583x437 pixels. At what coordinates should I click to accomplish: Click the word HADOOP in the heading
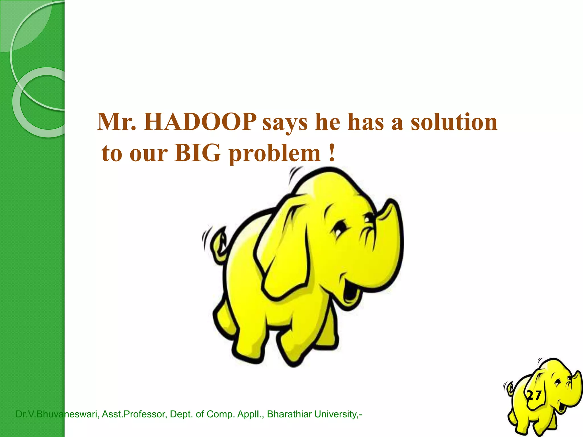pyautogui.click(x=200, y=122)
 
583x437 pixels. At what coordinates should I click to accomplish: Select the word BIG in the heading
pyautogui.click(x=198, y=153)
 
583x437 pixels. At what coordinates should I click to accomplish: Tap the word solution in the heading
pyautogui.click(x=454, y=122)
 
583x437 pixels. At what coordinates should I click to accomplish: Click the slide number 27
pyautogui.click(x=534, y=395)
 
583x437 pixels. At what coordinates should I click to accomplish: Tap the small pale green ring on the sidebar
pyautogui.click(x=38, y=102)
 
